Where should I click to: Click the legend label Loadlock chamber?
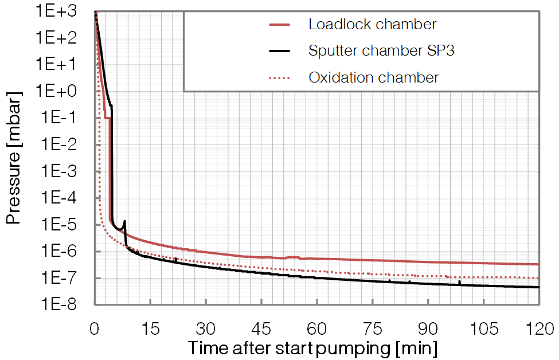(x=372, y=25)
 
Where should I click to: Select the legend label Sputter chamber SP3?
(x=381, y=50)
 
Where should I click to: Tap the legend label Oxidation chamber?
(x=374, y=77)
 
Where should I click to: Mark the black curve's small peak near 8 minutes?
(x=124, y=221)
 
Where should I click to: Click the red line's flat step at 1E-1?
(x=107, y=118)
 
